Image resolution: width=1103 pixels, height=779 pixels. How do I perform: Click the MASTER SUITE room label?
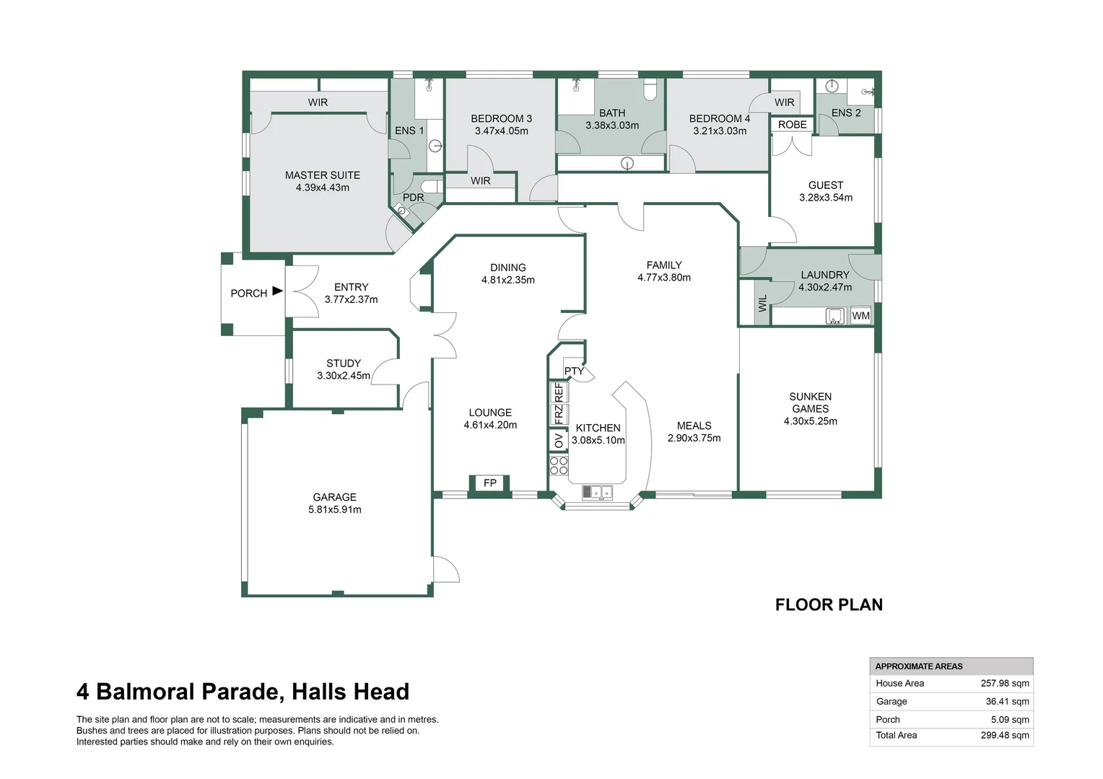pyautogui.click(x=322, y=175)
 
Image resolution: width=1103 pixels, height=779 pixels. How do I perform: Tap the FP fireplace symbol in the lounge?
pyautogui.click(x=490, y=483)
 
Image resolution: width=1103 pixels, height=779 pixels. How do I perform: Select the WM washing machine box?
pyautogui.click(x=860, y=316)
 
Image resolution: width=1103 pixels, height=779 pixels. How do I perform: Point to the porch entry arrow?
pyautogui.click(x=277, y=291)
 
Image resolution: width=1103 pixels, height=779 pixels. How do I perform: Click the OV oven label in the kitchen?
pyautogui.click(x=559, y=440)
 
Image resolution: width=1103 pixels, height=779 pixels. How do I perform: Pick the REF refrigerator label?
pyautogui.click(x=559, y=392)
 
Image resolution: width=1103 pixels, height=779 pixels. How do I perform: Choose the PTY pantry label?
pyautogui.click(x=574, y=371)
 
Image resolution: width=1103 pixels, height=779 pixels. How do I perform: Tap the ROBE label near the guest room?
pyautogui.click(x=792, y=125)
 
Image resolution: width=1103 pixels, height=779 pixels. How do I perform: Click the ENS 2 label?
pyautogui.click(x=846, y=113)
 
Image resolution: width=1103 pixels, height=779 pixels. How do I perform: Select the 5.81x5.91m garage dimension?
pyautogui.click(x=335, y=510)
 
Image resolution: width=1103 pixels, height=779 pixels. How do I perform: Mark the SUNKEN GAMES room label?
pyautogui.click(x=811, y=402)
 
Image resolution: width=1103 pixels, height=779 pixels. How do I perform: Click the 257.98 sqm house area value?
pyautogui.click(x=1005, y=683)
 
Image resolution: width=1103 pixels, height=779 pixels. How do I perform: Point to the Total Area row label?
pyautogui.click(x=897, y=736)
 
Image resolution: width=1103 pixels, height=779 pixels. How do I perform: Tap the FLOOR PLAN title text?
pyautogui.click(x=829, y=604)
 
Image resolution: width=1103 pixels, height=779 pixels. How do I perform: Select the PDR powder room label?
pyautogui.click(x=413, y=198)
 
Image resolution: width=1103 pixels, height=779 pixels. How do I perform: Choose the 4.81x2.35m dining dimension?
pyautogui.click(x=508, y=280)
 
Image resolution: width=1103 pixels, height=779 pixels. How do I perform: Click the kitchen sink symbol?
pyautogui.click(x=597, y=493)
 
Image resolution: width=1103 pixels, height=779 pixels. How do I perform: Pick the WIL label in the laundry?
pyautogui.click(x=762, y=304)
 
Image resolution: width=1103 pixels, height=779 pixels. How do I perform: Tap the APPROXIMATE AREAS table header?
pyautogui.click(x=919, y=666)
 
